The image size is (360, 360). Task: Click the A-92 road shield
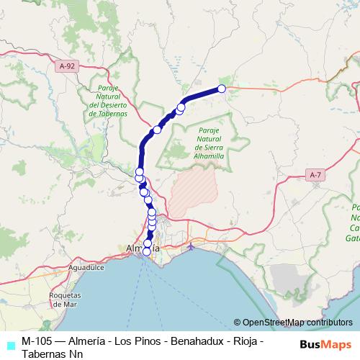(67, 66)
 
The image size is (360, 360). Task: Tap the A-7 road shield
(315, 175)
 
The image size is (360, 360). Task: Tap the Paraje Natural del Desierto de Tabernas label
(108, 100)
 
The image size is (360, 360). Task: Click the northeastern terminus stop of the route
(222, 89)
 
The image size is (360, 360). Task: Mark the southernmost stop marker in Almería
(147, 251)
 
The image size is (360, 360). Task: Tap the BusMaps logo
(326, 343)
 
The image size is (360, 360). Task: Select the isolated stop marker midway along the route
(157, 130)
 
